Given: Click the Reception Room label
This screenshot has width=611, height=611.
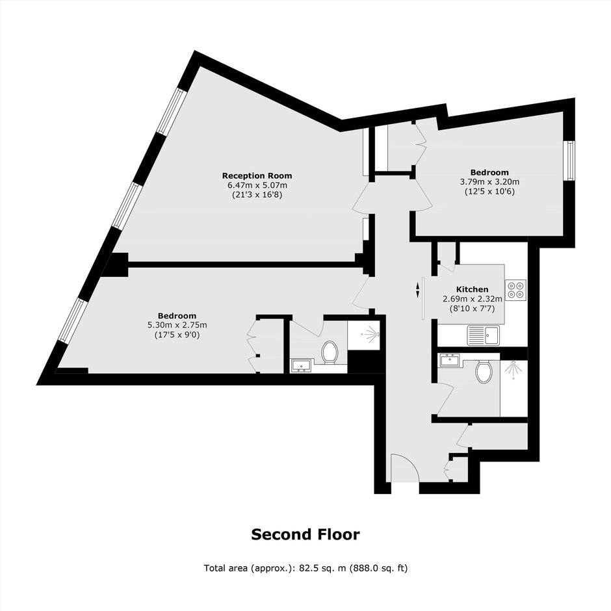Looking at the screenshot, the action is click(x=257, y=175).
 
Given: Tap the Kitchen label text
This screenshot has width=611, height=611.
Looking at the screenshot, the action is click(x=473, y=289).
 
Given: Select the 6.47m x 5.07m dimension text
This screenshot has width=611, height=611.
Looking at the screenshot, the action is click(x=257, y=185).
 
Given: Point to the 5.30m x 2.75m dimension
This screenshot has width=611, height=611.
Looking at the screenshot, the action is click(x=177, y=325).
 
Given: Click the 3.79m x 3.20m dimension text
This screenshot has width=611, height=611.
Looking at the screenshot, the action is click(x=489, y=181).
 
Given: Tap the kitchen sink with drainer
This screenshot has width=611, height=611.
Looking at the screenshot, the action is click(x=483, y=335).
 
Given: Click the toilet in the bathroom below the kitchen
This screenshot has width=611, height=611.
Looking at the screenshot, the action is click(x=484, y=371).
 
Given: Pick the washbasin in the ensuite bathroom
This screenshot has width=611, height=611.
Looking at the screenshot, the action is click(x=300, y=365).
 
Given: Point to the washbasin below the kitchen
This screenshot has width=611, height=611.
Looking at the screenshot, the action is click(x=450, y=359).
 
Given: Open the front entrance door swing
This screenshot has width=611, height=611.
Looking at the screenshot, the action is click(x=405, y=468).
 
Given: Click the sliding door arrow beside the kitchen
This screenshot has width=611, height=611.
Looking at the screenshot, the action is click(x=418, y=291).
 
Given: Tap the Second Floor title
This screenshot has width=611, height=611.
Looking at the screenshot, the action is click(x=305, y=534).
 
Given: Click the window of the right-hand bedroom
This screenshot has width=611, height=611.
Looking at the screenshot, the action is click(x=571, y=161).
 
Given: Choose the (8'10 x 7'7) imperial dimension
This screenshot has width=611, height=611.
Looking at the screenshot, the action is click(x=473, y=309).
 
